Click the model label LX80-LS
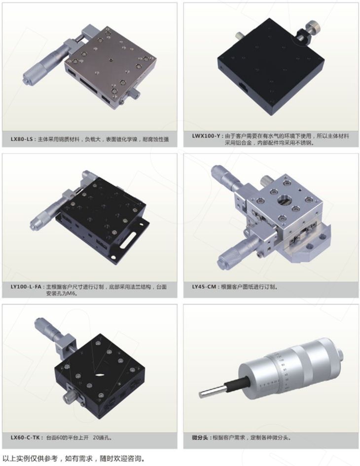pos(22,139)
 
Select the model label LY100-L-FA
pos(26,287)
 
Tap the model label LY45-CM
pos(204,287)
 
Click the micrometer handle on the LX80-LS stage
pos(44,65)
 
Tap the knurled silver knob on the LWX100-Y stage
pos(313,27)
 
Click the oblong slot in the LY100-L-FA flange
pos(129,239)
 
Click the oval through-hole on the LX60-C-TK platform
pos(100,375)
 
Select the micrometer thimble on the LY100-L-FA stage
pos(44,217)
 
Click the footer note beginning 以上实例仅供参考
pos(73,459)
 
